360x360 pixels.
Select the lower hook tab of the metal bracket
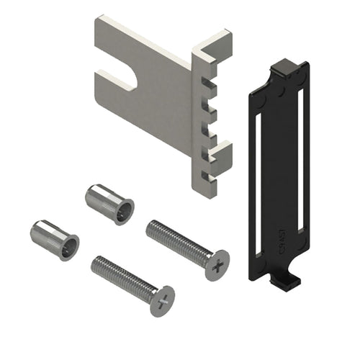click(220, 150)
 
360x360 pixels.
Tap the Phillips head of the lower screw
click(163, 297)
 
